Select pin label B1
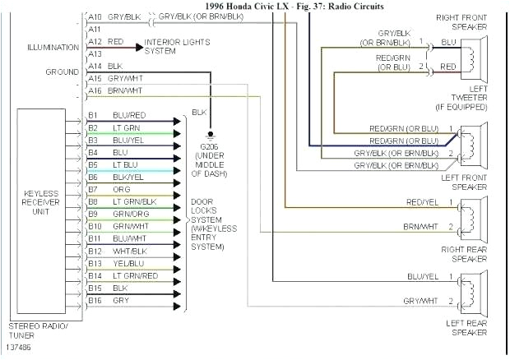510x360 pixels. point(94,115)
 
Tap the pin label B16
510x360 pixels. point(95,301)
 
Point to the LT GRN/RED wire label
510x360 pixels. point(135,275)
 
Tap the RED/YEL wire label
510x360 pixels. point(421,202)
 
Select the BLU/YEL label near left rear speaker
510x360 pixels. point(421,276)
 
